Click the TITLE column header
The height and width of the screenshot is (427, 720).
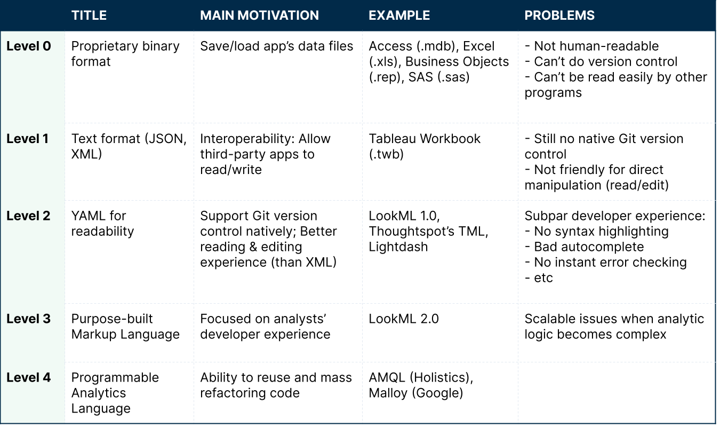click(x=89, y=15)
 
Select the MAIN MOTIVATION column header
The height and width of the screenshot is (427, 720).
click(x=259, y=15)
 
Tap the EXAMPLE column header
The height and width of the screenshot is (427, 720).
click(x=399, y=15)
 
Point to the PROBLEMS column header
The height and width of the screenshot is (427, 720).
click(x=559, y=15)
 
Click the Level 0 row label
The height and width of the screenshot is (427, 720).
click(x=29, y=46)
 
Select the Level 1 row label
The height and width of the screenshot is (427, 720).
click(x=27, y=139)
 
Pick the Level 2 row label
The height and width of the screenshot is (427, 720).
click(x=28, y=216)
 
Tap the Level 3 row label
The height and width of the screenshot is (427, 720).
click(x=28, y=319)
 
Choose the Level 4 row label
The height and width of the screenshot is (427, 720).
click(x=29, y=378)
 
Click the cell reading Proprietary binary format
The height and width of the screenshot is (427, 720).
click(x=125, y=54)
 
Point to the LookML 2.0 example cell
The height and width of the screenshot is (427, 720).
click(x=404, y=319)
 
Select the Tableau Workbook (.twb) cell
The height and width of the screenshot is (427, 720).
click(x=425, y=146)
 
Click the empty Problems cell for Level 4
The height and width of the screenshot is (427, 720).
click(x=616, y=392)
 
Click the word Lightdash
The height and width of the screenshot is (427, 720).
click(x=398, y=247)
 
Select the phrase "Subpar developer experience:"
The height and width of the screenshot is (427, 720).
click(x=615, y=216)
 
